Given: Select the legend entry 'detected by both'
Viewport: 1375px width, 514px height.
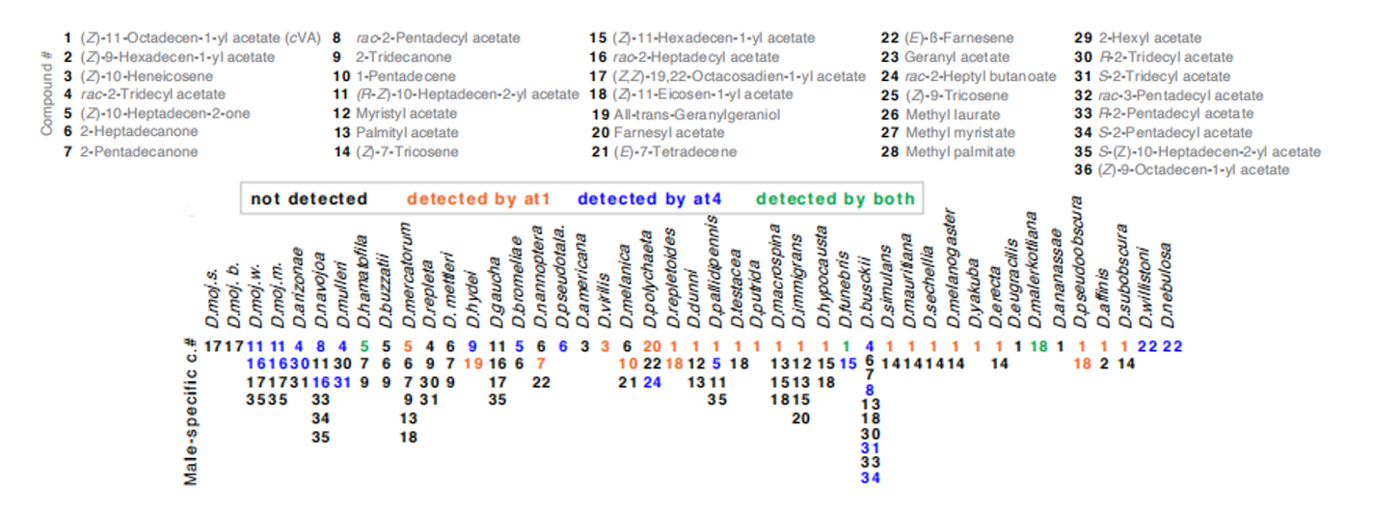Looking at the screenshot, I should pyautogui.click(x=835, y=200).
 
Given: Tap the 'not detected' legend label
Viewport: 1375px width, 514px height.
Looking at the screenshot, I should pyautogui.click(x=309, y=200).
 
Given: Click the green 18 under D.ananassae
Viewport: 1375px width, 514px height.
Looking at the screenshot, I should pyautogui.click(x=1038, y=345).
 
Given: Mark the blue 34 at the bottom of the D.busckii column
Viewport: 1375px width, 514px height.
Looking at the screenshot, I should pyautogui.click(x=870, y=477).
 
